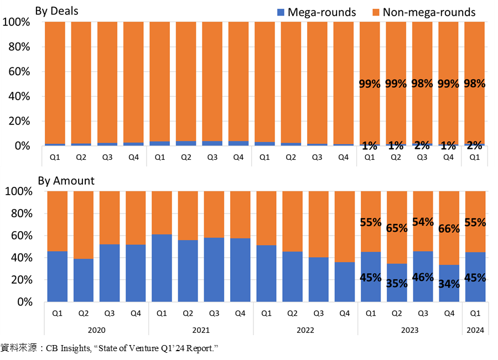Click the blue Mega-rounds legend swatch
281,12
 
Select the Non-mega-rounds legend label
429,12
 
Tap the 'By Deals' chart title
56,11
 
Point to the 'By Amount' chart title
66,181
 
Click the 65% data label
397,228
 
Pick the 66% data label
449,228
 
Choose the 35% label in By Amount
397,283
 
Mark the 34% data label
449,284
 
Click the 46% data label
423,277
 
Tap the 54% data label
423,222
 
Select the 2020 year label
96,330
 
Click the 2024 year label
475,330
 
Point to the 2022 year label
305,330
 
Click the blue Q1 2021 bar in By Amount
162,268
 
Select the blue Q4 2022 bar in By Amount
345,282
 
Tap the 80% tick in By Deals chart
19,46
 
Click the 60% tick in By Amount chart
22,236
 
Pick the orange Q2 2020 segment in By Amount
84,225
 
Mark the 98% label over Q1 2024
475,84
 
